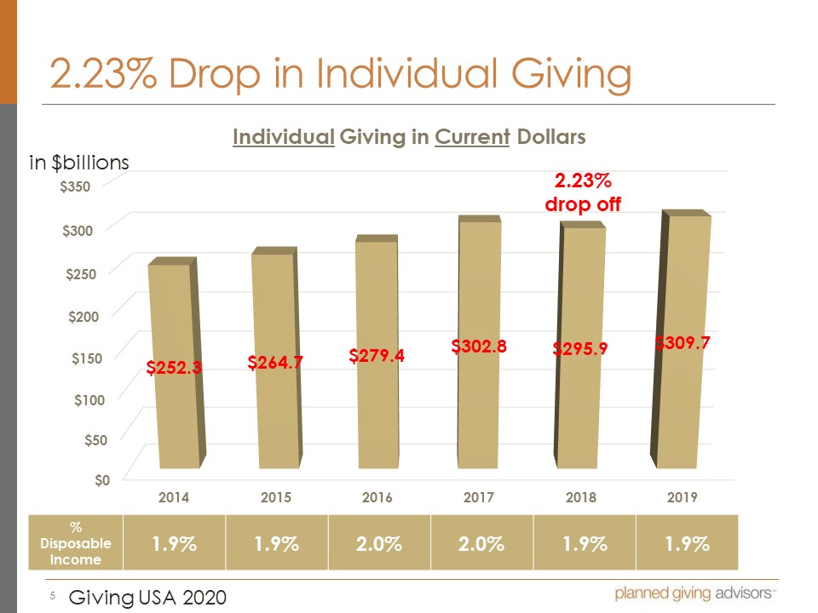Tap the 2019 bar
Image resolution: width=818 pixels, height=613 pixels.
(x=683, y=409)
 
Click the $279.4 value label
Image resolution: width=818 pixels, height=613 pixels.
(x=377, y=356)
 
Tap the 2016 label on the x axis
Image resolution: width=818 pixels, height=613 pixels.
(x=377, y=498)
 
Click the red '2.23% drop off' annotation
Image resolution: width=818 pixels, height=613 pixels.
(x=583, y=192)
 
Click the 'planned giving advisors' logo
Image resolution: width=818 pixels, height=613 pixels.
(x=694, y=593)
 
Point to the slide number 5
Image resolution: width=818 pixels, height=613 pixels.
(x=51, y=597)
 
